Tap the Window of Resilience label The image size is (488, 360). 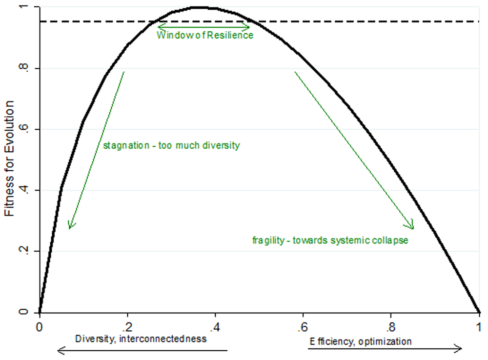[x=204, y=36]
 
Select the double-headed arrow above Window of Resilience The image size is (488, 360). [x=203, y=26]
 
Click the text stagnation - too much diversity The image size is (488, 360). [x=171, y=145]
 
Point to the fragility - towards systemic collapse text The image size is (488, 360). [x=330, y=240]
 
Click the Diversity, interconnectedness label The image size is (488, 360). [x=141, y=339]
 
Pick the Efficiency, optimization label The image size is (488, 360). [x=360, y=341]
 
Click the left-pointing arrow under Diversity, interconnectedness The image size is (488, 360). [x=142, y=349]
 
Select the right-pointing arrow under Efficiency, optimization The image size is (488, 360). [x=386, y=348]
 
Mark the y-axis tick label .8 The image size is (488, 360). [x=28, y=69]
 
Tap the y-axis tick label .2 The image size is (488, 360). [x=28, y=252]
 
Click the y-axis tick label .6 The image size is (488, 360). [x=28, y=130]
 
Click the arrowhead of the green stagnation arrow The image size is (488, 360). [x=70, y=227]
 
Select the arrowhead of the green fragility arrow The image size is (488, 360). [x=412, y=227]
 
